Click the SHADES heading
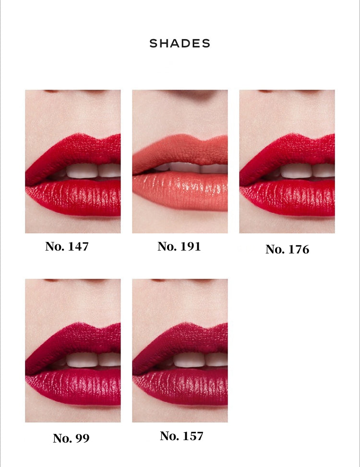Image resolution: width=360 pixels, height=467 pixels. tap(180, 44)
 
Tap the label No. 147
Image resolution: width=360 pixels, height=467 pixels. tap(67, 246)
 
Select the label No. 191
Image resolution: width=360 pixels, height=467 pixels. tap(179, 246)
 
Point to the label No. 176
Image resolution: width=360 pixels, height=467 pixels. tap(288, 249)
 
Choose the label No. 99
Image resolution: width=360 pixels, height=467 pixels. tap(71, 438)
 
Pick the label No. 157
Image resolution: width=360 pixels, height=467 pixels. tap(181, 436)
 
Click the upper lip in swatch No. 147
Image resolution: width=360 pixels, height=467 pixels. tap(74, 152)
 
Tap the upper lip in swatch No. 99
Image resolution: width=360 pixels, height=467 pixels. tap(74, 341)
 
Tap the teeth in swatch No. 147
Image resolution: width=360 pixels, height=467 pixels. tap(89, 171)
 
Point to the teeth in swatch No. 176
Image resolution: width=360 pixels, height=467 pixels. tap(304, 171)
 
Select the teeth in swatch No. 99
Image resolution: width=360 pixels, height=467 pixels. tap(89, 360)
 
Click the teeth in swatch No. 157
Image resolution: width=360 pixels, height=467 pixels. tap(196, 360)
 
